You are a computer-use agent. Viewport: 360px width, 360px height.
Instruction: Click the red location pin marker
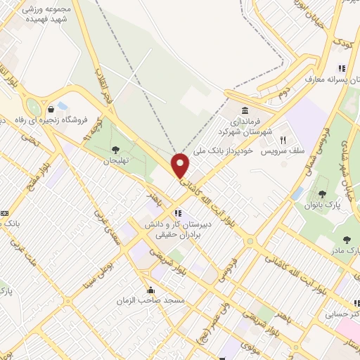tap(181, 165)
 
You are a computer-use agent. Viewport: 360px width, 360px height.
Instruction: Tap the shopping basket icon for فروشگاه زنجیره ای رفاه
tap(52, 108)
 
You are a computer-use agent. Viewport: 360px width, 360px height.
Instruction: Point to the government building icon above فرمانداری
tap(244, 112)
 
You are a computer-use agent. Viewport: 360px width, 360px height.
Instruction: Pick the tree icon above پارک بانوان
tap(322, 193)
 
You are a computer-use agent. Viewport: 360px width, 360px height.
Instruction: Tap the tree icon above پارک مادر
tap(347, 239)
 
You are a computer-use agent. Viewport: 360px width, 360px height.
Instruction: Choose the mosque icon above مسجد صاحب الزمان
tap(150, 290)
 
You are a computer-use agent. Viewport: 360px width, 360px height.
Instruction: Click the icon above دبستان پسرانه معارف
tap(341, 68)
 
